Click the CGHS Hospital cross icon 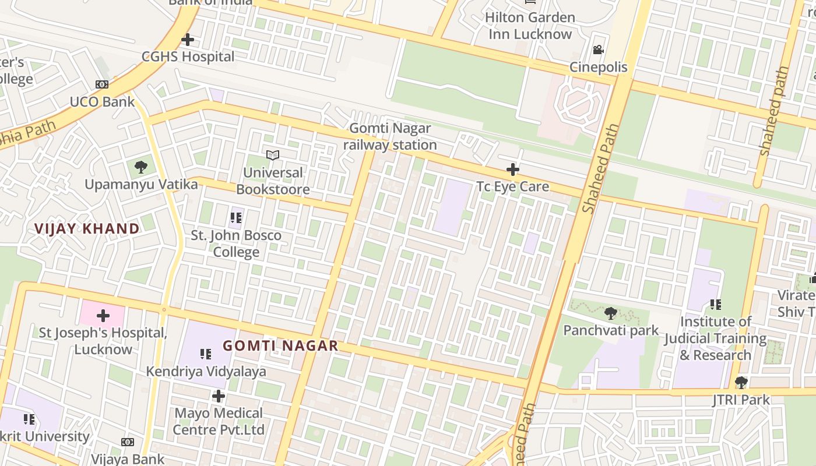[188, 40]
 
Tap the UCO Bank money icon [102, 84]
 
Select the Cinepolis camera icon [598, 50]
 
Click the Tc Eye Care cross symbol [513, 170]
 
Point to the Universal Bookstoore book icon [273, 155]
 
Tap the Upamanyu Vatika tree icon [140, 167]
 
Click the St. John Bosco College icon [236, 218]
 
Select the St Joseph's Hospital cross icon [103, 316]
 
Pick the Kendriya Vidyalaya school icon [205, 354]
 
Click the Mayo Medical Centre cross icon [219, 396]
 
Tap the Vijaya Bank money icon [128, 442]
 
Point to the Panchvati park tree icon [611, 313]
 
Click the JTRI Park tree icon [741, 383]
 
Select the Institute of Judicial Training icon [716, 304]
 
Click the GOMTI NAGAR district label [280, 345]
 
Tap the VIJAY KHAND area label [87, 228]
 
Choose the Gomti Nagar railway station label [390, 136]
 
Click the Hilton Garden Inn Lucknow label [530, 26]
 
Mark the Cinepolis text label [599, 67]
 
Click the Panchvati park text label [611, 330]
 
